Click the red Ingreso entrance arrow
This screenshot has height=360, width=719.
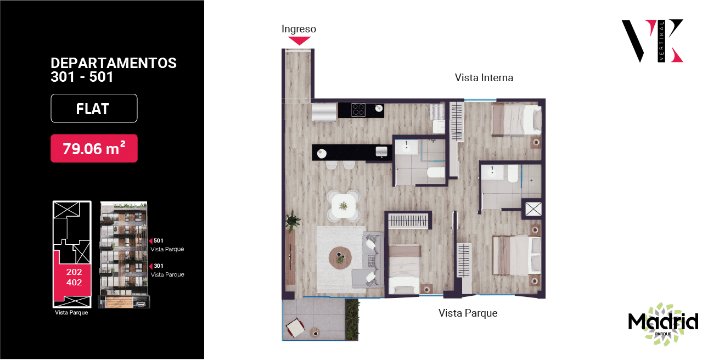tap(299, 41)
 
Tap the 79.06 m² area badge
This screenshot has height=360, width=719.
tap(94, 148)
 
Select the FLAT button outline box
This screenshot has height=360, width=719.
tap(94, 109)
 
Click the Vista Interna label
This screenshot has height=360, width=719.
tap(484, 77)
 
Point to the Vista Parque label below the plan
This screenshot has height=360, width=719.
tap(468, 313)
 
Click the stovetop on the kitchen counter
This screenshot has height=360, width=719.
tap(358, 109)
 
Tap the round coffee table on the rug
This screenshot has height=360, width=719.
tap(340, 257)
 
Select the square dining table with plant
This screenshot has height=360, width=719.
tap(344, 206)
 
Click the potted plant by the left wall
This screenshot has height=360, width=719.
tap(293, 221)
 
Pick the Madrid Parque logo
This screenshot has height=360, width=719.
tap(663, 324)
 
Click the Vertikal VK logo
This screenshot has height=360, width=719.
tap(652, 41)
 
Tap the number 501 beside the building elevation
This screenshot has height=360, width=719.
tap(158, 241)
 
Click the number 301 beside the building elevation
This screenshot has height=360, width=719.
tap(158, 266)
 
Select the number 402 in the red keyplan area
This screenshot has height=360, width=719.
tap(74, 283)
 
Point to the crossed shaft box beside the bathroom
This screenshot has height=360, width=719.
tap(533, 209)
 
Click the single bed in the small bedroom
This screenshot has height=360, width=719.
tap(404, 269)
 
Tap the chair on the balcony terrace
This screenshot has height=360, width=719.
tap(296, 328)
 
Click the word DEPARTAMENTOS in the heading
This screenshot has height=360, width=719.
tap(114, 63)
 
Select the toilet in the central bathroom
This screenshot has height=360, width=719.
tap(436, 172)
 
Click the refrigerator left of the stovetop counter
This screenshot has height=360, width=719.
tap(324, 111)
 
